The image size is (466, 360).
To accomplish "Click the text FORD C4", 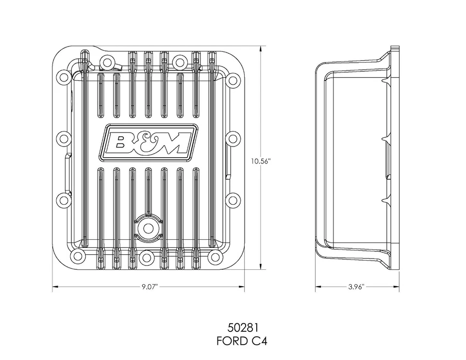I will [x=242, y=341].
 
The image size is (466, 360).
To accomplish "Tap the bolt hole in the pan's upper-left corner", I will [x=63, y=77].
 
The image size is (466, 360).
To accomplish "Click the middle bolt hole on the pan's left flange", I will [x=63, y=138].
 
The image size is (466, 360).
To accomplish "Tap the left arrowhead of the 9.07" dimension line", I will [x=55, y=287].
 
